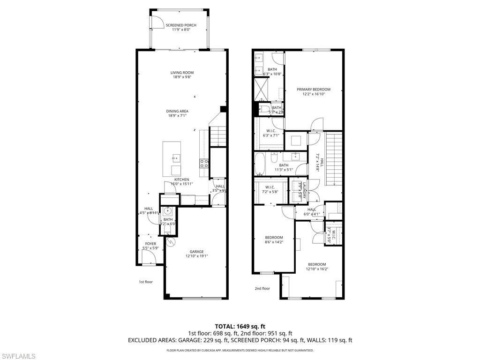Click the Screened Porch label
click(180, 25)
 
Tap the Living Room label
click(182, 73)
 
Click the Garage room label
click(196, 252)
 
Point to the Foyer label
click(150, 244)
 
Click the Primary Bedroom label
click(313, 90)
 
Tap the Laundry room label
click(304, 191)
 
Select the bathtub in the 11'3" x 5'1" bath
click(260, 165)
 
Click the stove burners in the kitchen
click(205, 163)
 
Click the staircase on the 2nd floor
click(334, 158)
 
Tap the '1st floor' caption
click(145, 282)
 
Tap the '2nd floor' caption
click(262, 289)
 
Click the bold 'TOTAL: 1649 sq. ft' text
click(240, 326)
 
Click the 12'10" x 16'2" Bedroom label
click(316, 264)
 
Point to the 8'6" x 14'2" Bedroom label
click(273, 237)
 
